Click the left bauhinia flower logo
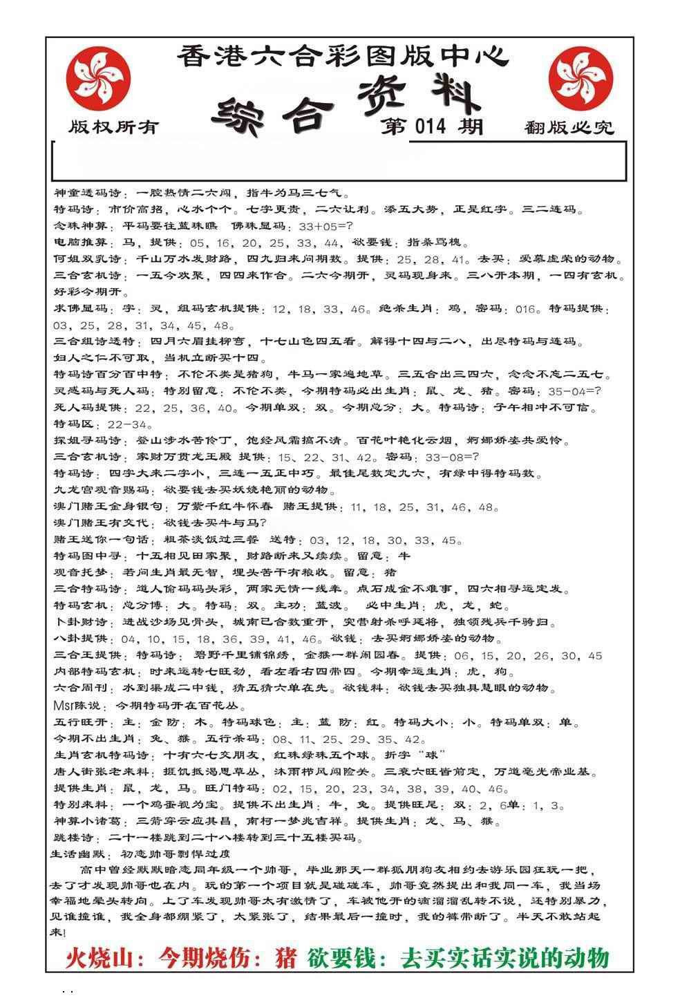tap(97, 75)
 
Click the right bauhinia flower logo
tap(580, 75)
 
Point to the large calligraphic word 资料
tap(419, 97)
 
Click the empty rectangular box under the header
tap(339, 161)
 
